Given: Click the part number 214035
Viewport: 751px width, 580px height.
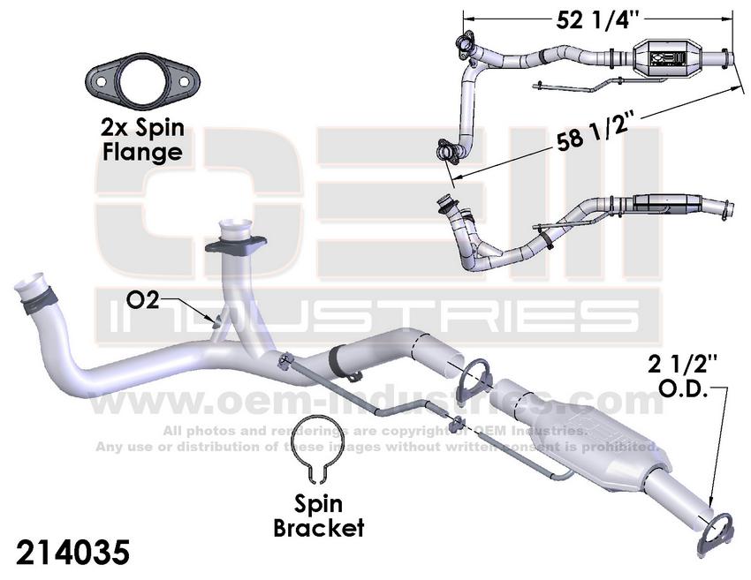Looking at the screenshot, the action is click(72, 552).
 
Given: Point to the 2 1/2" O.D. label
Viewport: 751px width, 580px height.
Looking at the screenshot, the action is click(682, 377).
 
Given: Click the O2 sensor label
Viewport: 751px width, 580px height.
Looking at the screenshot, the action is click(143, 300).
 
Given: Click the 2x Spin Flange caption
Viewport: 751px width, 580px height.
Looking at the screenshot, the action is click(143, 139).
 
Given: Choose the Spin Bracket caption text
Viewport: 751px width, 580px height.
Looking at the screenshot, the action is click(318, 516).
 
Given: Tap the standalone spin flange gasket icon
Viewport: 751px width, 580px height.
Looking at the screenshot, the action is click(143, 81).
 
